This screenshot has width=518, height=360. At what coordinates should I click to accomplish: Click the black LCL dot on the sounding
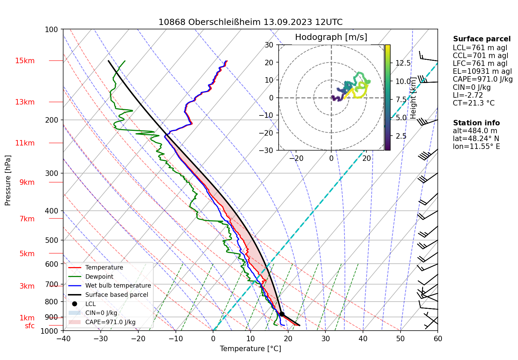point(282,314)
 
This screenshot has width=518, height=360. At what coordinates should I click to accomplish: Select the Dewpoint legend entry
point(99,277)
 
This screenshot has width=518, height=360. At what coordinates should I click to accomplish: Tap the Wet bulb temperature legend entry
point(118,286)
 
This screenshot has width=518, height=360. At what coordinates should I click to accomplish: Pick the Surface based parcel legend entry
point(116,295)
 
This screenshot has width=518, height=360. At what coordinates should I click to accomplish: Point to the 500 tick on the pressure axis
point(52,240)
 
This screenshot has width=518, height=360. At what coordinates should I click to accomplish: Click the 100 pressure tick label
point(52,29)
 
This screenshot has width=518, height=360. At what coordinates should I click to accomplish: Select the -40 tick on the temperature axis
point(63,338)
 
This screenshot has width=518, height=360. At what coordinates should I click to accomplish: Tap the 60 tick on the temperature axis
point(438,338)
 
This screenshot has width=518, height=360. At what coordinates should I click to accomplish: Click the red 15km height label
point(25,61)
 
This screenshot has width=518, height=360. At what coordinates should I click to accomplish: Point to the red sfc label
point(30,326)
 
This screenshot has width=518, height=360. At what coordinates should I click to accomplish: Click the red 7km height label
point(27,219)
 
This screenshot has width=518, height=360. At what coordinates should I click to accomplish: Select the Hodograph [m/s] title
point(331,37)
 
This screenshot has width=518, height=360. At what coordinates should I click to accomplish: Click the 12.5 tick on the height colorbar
point(403,63)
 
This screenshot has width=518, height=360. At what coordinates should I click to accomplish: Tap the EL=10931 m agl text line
point(482,71)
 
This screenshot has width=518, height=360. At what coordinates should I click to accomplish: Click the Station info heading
point(476,123)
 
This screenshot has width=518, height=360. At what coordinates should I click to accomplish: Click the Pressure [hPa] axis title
point(8,180)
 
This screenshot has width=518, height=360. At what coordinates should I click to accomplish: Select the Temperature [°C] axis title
point(250,349)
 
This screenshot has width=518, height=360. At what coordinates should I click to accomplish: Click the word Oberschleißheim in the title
point(224,22)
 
